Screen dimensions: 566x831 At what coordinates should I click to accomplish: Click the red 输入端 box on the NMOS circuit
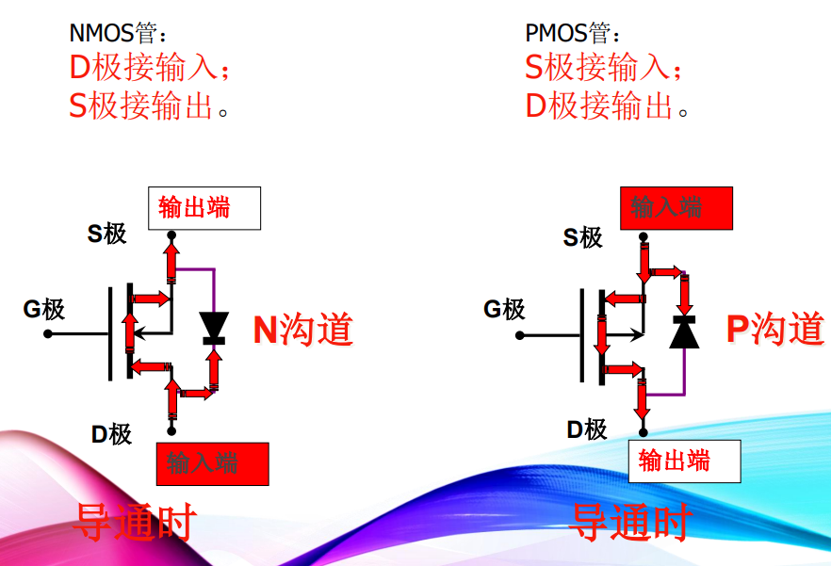pos(212,463)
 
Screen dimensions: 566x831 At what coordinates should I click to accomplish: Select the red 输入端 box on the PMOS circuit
pos(676,207)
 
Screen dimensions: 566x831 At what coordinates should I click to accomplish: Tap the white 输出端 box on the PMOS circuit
pos(684,461)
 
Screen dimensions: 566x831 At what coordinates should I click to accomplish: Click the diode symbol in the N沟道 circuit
pos(215,327)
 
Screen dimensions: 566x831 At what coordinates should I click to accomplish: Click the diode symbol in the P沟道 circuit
pos(684,332)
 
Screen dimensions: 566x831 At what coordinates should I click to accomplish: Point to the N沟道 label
pos(302,329)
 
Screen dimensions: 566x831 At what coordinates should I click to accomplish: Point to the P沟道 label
pos(774,329)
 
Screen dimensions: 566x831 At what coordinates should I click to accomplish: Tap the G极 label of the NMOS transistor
pos(44,309)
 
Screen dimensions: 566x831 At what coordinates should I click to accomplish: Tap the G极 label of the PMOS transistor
pos(504,309)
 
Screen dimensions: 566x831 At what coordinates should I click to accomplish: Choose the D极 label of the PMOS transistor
pos(586,429)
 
